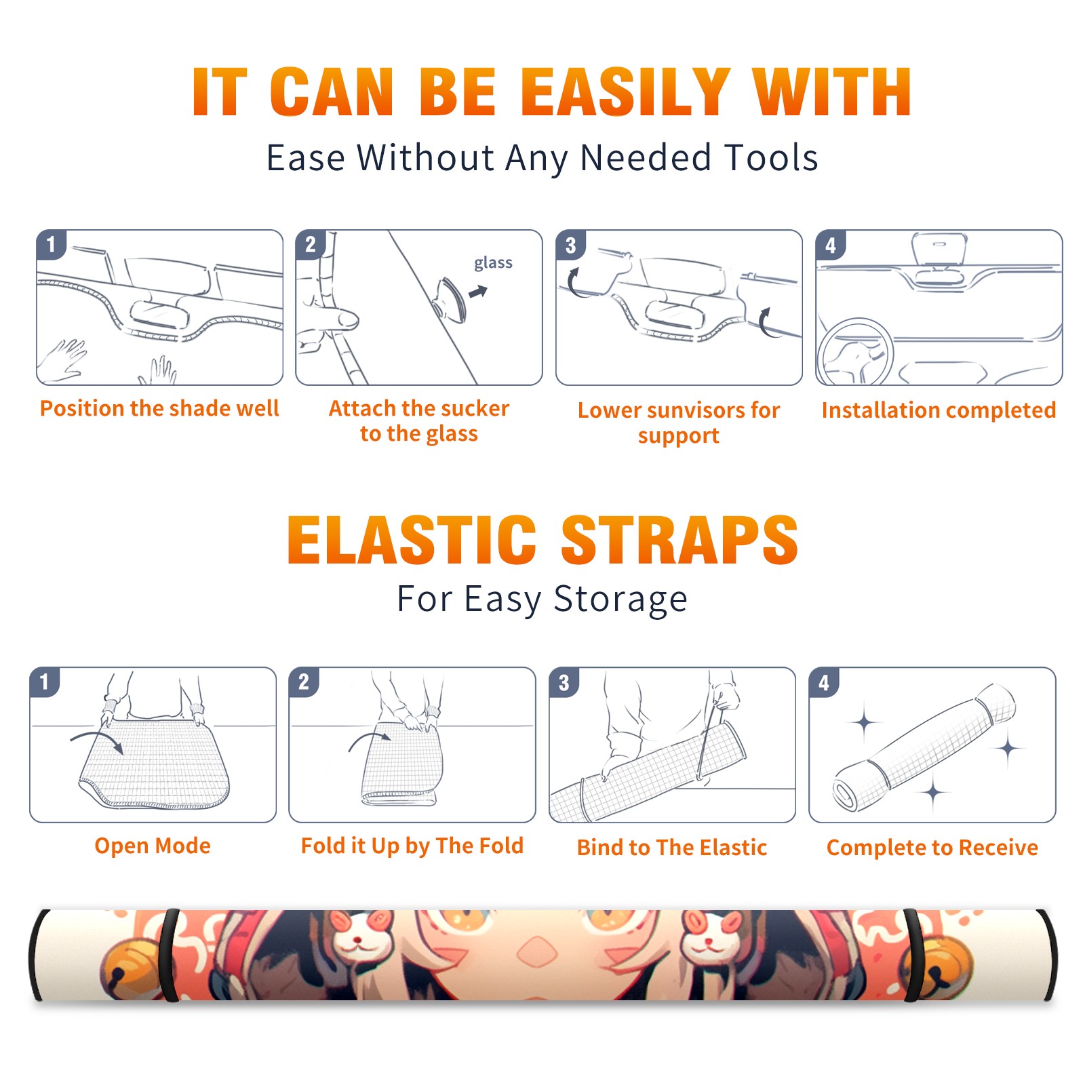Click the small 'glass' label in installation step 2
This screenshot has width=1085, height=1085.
click(x=493, y=263)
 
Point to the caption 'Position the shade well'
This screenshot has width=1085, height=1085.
click(x=159, y=408)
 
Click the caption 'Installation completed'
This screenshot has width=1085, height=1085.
click(x=939, y=410)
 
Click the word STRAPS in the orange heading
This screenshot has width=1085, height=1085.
click(x=679, y=540)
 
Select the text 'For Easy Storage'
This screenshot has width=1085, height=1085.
click(x=542, y=599)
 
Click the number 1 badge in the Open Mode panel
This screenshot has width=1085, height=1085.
click(x=45, y=682)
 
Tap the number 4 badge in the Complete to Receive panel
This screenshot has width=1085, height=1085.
click(x=824, y=682)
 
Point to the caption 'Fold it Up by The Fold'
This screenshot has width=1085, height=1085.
click(x=412, y=846)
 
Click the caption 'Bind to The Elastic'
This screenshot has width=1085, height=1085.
click(x=672, y=848)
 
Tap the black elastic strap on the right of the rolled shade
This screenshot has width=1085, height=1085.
click(x=913, y=955)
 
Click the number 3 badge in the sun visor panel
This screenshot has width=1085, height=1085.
click(x=570, y=245)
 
